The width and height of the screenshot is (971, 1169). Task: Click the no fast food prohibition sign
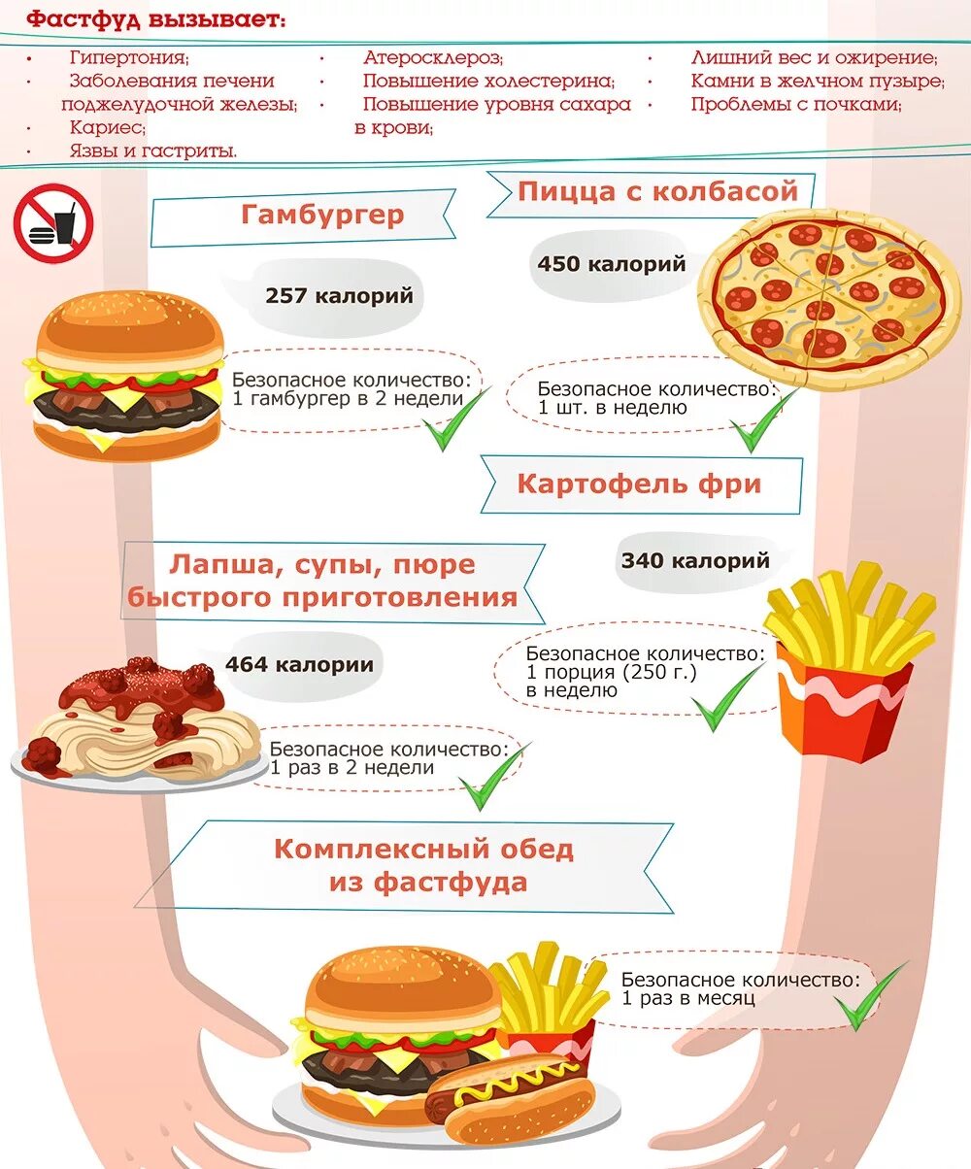tap(52, 223)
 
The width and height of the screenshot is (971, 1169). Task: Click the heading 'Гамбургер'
tap(322, 215)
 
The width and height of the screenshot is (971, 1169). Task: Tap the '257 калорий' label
tap(339, 295)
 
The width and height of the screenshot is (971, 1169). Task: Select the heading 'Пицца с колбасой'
tap(657, 191)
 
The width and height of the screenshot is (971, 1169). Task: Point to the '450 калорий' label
tap(612, 263)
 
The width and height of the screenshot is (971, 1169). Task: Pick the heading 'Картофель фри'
tap(640, 484)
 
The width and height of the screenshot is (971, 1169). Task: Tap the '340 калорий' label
tap(695, 560)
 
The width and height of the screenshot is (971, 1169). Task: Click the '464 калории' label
tap(299, 665)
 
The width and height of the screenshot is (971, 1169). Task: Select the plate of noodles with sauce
tap(138, 723)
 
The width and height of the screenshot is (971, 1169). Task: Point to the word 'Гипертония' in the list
tap(129, 58)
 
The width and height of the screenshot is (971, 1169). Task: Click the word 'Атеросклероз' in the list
tap(433, 58)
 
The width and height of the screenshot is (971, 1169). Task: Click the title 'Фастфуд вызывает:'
tap(155, 19)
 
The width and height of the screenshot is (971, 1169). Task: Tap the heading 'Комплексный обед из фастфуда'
tap(424, 865)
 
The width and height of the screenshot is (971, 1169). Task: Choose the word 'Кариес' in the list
tap(108, 127)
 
